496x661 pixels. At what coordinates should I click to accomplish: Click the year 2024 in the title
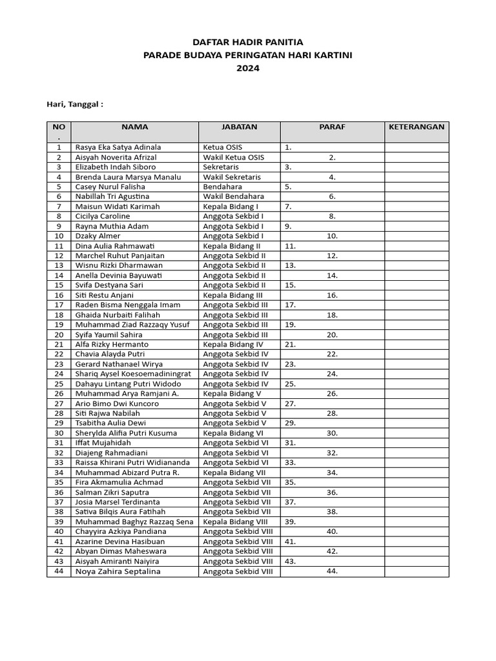(248, 68)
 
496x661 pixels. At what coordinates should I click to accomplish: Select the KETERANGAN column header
(417, 127)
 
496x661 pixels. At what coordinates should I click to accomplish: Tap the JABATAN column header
(239, 127)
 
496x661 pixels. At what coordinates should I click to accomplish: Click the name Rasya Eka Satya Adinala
(118, 147)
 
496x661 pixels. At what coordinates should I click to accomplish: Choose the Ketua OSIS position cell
(223, 147)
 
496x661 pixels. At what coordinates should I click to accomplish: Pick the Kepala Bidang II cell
(232, 246)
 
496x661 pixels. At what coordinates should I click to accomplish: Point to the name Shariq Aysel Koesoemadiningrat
(133, 374)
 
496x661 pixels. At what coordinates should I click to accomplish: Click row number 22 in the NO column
(59, 354)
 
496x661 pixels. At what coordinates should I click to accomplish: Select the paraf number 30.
(332, 433)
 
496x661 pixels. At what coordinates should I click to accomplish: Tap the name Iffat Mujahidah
(103, 443)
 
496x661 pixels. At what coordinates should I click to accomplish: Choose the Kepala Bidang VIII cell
(234, 522)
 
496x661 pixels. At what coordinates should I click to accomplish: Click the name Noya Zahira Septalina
(118, 571)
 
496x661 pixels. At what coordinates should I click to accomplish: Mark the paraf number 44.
(332, 571)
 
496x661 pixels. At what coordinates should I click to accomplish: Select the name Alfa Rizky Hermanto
(112, 344)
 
